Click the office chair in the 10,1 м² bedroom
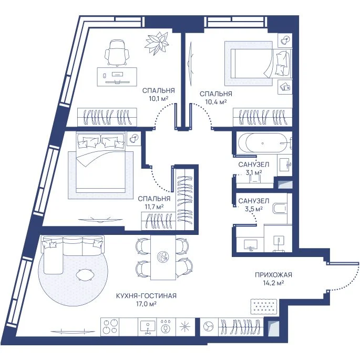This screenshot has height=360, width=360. click(116, 53)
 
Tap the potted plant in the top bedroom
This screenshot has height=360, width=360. click(157, 43)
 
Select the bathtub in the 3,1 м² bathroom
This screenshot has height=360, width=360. click(262, 143)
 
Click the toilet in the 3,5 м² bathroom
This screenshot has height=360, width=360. click(280, 208)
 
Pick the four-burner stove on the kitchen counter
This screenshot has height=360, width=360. click(110, 327)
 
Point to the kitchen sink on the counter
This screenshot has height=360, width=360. click(147, 327)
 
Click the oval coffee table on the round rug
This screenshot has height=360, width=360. click(85, 274)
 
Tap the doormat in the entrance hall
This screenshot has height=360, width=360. click(264, 306)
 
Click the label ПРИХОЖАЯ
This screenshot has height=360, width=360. click(273, 275)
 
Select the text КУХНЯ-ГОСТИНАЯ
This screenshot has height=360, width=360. click(146, 296)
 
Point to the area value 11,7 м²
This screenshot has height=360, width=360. click(154, 207)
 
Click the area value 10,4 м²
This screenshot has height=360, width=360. click(216, 102)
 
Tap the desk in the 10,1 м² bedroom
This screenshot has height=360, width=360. click(117, 77)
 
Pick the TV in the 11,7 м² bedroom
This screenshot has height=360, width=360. click(100, 220)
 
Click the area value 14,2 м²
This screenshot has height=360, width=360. click(273, 283)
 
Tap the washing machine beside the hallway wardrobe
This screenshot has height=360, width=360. click(209, 327)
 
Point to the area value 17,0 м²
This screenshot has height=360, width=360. click(146, 304)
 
